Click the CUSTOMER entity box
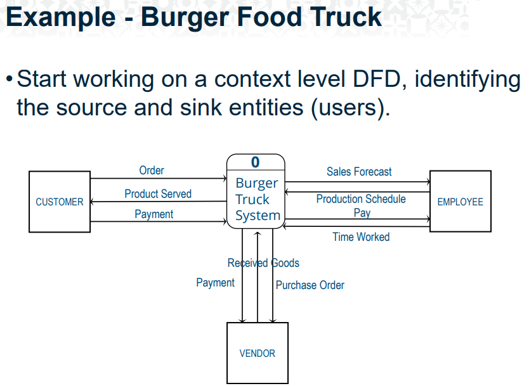60,202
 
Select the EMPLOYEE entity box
460,202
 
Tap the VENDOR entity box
257,353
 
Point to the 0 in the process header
255,162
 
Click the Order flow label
152,170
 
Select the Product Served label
158,194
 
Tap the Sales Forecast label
359,172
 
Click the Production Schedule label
361,199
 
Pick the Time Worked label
361,237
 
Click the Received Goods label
263,263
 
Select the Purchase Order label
310,285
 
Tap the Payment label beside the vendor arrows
215,283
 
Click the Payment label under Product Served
153,214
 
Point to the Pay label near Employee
362,213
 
